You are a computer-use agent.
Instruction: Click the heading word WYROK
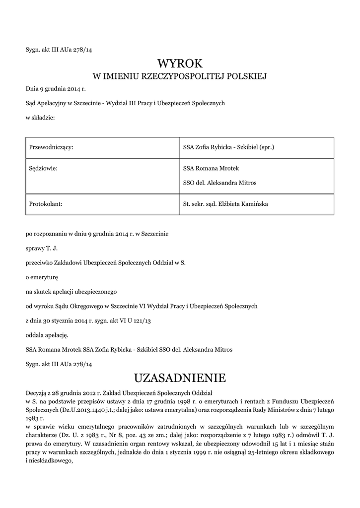point(180,63)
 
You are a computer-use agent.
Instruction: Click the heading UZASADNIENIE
point(180,378)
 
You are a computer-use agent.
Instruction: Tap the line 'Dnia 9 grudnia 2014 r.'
point(56,89)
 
